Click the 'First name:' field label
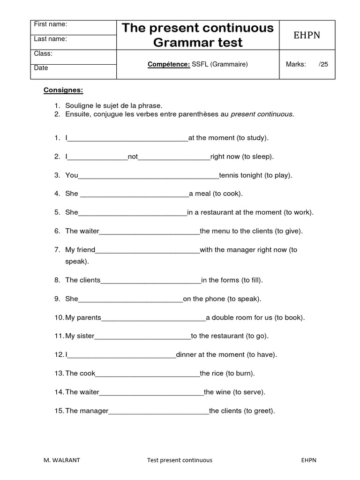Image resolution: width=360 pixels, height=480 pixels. [x=51, y=24]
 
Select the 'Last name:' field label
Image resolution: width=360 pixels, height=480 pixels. [x=50, y=39]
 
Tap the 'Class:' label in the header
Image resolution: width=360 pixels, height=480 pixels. [x=43, y=54]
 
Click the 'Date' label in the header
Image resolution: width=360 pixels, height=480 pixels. [x=41, y=68]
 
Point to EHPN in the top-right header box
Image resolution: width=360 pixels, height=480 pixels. [x=307, y=36]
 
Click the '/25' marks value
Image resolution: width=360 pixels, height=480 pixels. [x=323, y=64]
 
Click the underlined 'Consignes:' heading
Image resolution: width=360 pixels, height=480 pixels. [x=63, y=90]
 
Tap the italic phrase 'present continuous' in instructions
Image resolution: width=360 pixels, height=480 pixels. [x=262, y=114]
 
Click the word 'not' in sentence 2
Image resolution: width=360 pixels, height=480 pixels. [x=133, y=157]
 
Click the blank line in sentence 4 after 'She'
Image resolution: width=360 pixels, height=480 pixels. [x=135, y=194]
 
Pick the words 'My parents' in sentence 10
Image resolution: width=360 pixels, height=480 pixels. [x=83, y=317]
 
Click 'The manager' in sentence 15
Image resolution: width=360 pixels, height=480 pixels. [x=87, y=411]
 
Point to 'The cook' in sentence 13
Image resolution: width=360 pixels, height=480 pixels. [x=80, y=374]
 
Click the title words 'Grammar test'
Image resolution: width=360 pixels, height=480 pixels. [x=197, y=43]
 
